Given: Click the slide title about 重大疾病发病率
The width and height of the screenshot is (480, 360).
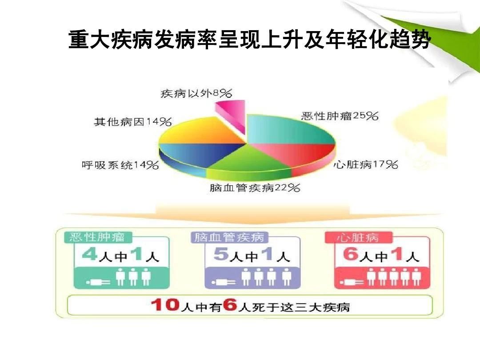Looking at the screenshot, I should (x=249, y=40).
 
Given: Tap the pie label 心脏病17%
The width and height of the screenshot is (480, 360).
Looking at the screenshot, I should (x=365, y=165).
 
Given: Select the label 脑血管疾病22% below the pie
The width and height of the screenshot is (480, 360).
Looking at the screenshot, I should (x=255, y=188).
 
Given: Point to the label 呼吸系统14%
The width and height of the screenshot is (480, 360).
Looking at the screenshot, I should (x=120, y=165).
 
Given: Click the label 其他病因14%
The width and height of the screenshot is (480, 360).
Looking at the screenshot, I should (x=133, y=121).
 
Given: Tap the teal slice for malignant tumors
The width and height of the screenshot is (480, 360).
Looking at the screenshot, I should (x=289, y=129).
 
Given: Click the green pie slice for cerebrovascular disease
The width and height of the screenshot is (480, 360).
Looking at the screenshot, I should (x=249, y=162).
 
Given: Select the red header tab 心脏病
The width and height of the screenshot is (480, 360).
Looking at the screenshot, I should (x=357, y=237).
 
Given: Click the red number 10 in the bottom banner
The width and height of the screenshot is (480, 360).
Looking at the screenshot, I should (x=165, y=305).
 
